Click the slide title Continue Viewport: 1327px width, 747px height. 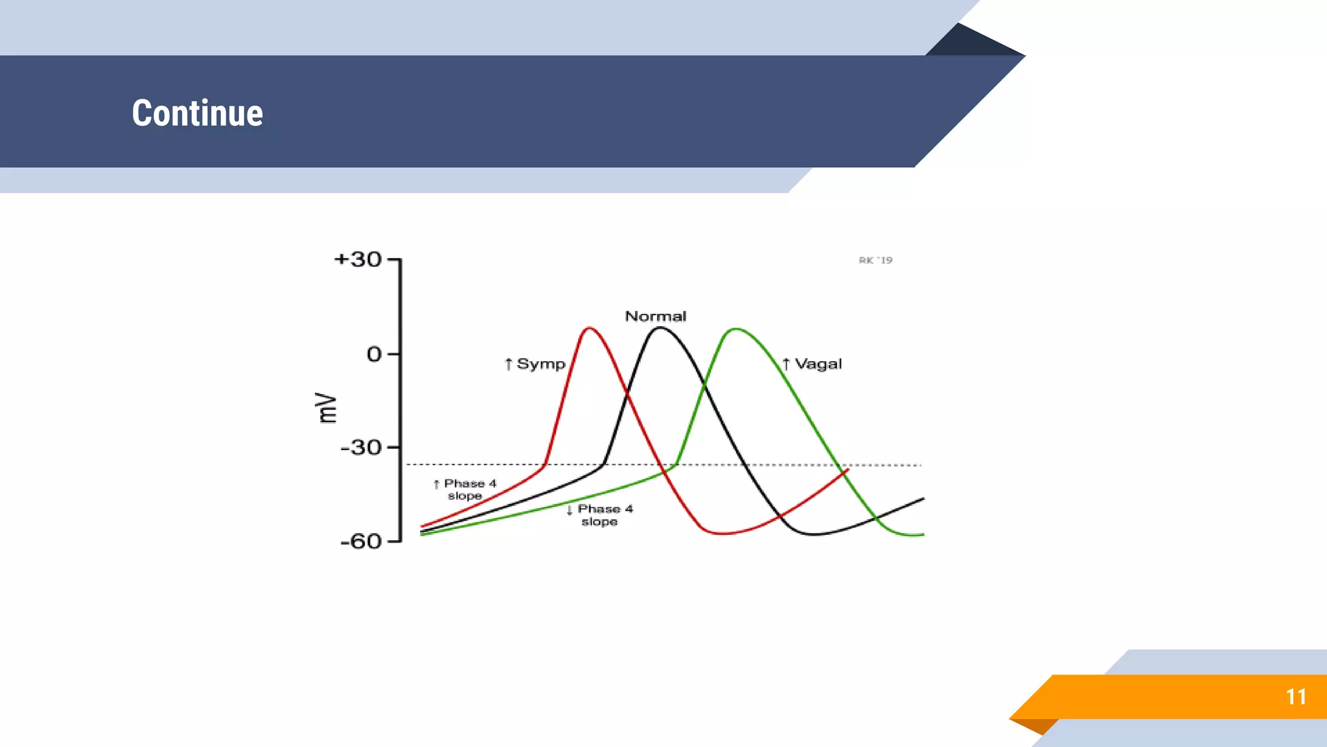pyautogui.click(x=198, y=113)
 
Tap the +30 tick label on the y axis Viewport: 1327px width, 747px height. pyautogui.click(x=358, y=259)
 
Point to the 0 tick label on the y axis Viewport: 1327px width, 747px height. pyautogui.click(x=374, y=354)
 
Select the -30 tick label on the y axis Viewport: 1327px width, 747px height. pyautogui.click(x=361, y=447)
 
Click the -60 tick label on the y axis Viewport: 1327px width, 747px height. pyautogui.click(x=361, y=541)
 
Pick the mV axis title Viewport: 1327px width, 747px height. pyautogui.click(x=327, y=408)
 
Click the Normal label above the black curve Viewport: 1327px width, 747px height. pyautogui.click(x=655, y=316)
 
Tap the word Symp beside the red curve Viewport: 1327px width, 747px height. pyautogui.click(x=541, y=364)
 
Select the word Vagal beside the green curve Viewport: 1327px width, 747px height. pyautogui.click(x=818, y=364)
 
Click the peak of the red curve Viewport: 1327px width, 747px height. pyautogui.click(x=589, y=328)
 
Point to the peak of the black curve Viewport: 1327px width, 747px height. pyautogui.click(x=660, y=327)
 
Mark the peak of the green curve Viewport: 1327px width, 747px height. pyautogui.click(x=736, y=329)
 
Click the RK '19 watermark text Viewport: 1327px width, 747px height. pyautogui.click(x=875, y=260)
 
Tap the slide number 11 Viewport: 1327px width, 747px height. pyautogui.click(x=1296, y=696)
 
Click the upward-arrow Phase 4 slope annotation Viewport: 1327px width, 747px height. pyautogui.click(x=465, y=490)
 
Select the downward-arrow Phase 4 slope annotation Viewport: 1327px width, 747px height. pyautogui.click(x=599, y=515)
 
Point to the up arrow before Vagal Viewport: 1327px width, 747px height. pyautogui.click(x=786, y=364)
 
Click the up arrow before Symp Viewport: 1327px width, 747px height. pyautogui.click(x=509, y=364)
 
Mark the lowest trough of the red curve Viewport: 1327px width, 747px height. pyautogui.click(x=721, y=534)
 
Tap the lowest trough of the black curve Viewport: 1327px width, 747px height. pyautogui.click(x=814, y=534)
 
